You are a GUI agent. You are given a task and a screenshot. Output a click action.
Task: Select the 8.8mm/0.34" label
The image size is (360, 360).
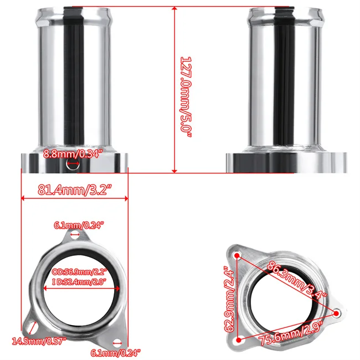pyautogui.click(x=74, y=155)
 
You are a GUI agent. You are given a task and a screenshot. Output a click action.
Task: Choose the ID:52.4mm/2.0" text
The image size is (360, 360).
pyautogui.click(x=79, y=281)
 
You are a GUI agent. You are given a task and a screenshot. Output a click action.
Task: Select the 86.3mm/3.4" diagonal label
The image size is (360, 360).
pyautogui.click(x=297, y=278)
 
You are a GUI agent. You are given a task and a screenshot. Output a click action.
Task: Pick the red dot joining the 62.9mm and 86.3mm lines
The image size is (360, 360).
pyautogui.click(x=238, y=255)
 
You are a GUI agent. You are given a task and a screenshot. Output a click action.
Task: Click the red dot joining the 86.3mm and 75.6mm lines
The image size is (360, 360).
pyautogui.click(x=336, y=312)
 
